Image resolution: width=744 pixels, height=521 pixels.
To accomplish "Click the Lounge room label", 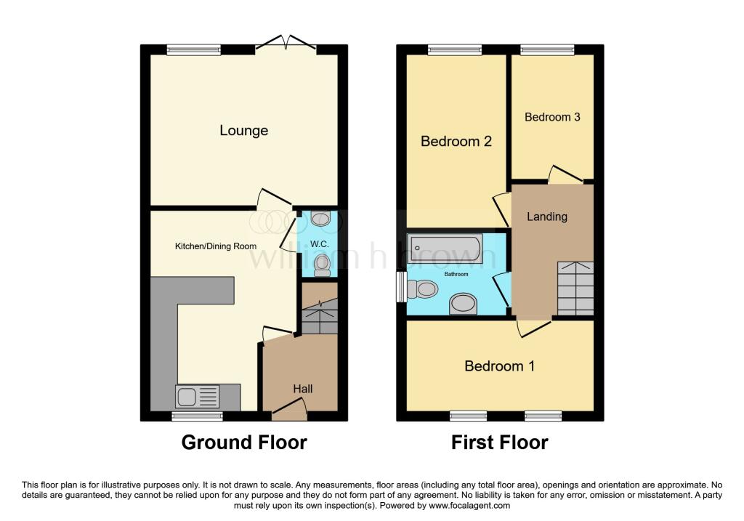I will click(x=244, y=131).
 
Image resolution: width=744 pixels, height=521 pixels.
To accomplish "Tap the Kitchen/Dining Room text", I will click(x=216, y=246).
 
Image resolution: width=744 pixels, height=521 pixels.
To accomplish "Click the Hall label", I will click(x=303, y=389).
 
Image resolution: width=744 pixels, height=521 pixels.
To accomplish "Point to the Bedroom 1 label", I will click(x=500, y=366).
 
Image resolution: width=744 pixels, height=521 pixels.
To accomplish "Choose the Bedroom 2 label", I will click(x=456, y=141).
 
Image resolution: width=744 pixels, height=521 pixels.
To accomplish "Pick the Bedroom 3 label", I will click(x=552, y=117).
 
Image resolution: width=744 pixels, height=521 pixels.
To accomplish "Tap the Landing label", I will click(x=547, y=217).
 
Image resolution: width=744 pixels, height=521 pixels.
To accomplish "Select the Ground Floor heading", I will click(x=244, y=443).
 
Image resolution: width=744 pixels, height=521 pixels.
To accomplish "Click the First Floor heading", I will click(x=500, y=443).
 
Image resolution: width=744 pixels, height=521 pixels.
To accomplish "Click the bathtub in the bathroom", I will click(x=445, y=249).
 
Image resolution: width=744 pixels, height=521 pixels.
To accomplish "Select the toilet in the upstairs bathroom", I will click(x=423, y=290).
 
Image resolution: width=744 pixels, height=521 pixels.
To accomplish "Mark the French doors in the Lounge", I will click(x=289, y=44).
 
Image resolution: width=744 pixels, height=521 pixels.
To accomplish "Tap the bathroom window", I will click(x=400, y=286).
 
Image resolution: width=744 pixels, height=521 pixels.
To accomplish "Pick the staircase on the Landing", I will click(x=575, y=288).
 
